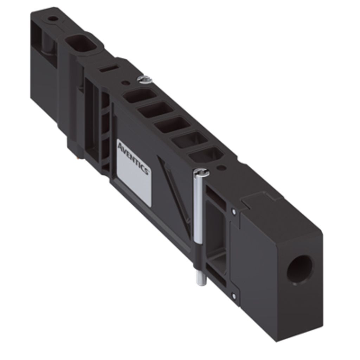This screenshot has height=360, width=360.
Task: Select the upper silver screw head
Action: point(144,80)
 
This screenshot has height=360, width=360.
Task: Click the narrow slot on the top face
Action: point(110,68)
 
